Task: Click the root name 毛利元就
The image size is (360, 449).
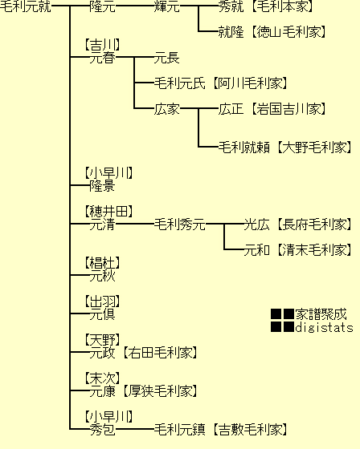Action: [25, 6]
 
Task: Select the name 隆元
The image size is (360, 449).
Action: [103, 6]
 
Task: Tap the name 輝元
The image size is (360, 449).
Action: [167, 6]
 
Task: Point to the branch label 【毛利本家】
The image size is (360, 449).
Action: [283, 6]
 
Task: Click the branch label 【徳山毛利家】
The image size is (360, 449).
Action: [288, 31]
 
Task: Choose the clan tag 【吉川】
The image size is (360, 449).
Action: [103, 45]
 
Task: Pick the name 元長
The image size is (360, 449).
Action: [167, 58]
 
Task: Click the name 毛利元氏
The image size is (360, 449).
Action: [180, 83]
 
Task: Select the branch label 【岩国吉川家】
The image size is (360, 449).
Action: [288, 109]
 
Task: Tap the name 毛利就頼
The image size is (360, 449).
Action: [244, 148]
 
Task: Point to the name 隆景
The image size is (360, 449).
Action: [103, 185]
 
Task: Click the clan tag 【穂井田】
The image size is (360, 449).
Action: [108, 212]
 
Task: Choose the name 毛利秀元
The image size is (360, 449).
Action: [180, 224]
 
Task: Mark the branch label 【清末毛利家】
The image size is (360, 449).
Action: [314, 249]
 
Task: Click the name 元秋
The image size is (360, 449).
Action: [103, 276]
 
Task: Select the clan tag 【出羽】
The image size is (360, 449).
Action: [103, 301]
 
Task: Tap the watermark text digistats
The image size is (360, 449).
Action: [324, 327]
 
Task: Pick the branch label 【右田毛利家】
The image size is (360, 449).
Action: [160, 353]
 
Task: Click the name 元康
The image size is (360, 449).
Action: [103, 391]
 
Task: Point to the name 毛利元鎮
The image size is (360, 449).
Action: [180, 430]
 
